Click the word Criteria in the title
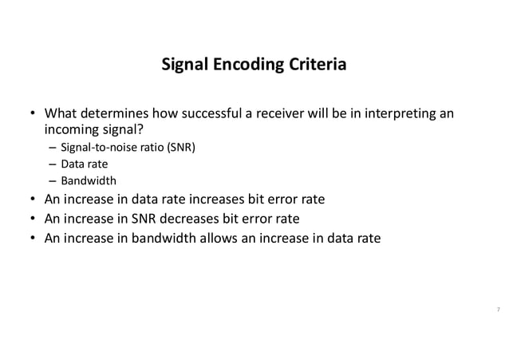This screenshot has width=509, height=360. click(318, 64)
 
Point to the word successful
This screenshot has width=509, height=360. click(210, 113)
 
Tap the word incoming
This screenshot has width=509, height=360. click(71, 129)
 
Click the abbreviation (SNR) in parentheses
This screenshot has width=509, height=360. click(181, 148)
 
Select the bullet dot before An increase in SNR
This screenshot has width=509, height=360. click(32, 218)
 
